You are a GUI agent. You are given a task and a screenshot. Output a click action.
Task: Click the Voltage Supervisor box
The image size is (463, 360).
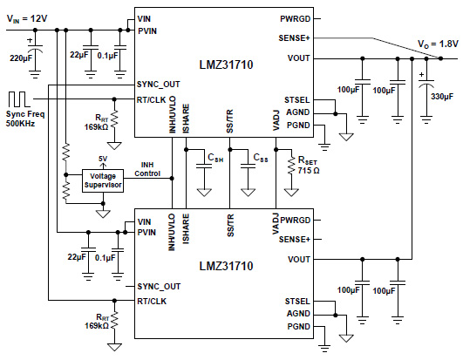click(x=103, y=180)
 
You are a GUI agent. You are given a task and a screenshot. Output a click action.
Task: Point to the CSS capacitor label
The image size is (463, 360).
click(x=259, y=158)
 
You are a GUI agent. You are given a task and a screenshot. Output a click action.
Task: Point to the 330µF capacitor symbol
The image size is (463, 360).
click(x=423, y=81)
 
